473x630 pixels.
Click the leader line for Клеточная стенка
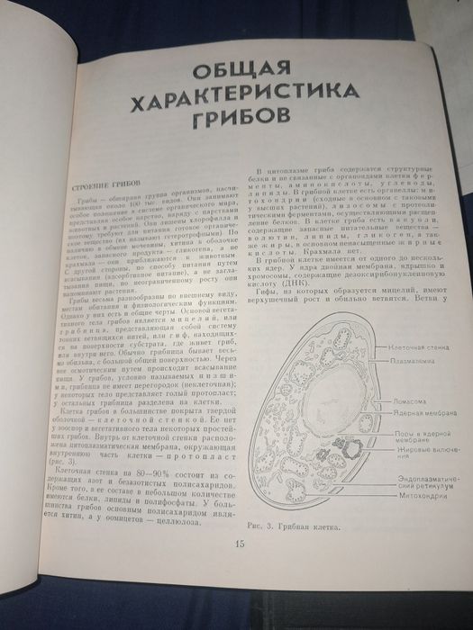pos(374,347)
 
